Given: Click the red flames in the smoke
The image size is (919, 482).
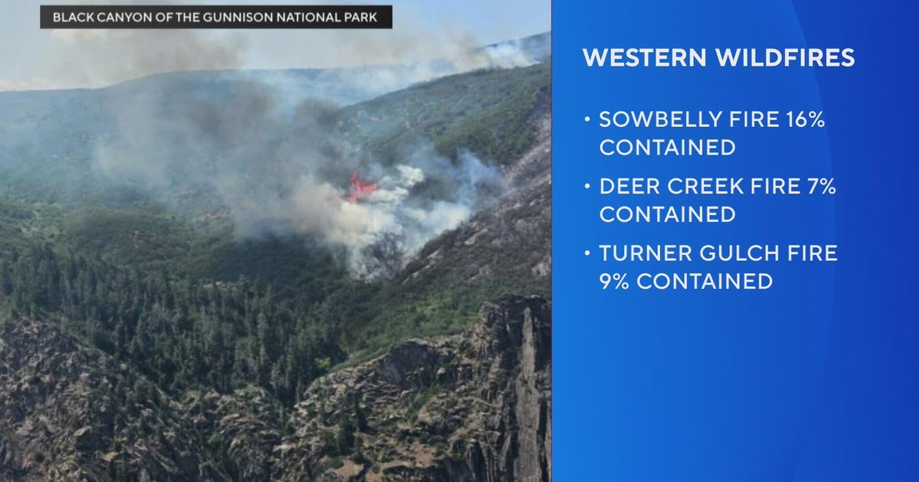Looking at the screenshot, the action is (x=361, y=187).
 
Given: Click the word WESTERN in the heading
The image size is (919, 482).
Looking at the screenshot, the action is (x=645, y=57).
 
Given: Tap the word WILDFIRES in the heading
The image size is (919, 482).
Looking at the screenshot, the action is (x=786, y=57).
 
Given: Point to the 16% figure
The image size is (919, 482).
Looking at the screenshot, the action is (x=806, y=119).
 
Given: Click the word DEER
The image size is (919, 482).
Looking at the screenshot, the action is (x=630, y=187).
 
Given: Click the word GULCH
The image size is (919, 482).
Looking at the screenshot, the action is (x=739, y=253).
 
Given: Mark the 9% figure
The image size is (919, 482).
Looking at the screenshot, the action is (x=614, y=282).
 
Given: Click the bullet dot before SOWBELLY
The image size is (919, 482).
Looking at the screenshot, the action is (x=587, y=119).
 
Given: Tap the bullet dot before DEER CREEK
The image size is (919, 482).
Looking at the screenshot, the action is (x=587, y=186).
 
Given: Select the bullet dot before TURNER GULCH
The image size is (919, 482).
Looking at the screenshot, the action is (x=587, y=253).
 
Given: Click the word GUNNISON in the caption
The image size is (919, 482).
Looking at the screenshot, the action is (x=239, y=17).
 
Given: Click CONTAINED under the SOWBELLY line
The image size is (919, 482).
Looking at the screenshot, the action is (x=667, y=148).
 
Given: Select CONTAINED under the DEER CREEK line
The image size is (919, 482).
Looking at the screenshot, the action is (x=667, y=214).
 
